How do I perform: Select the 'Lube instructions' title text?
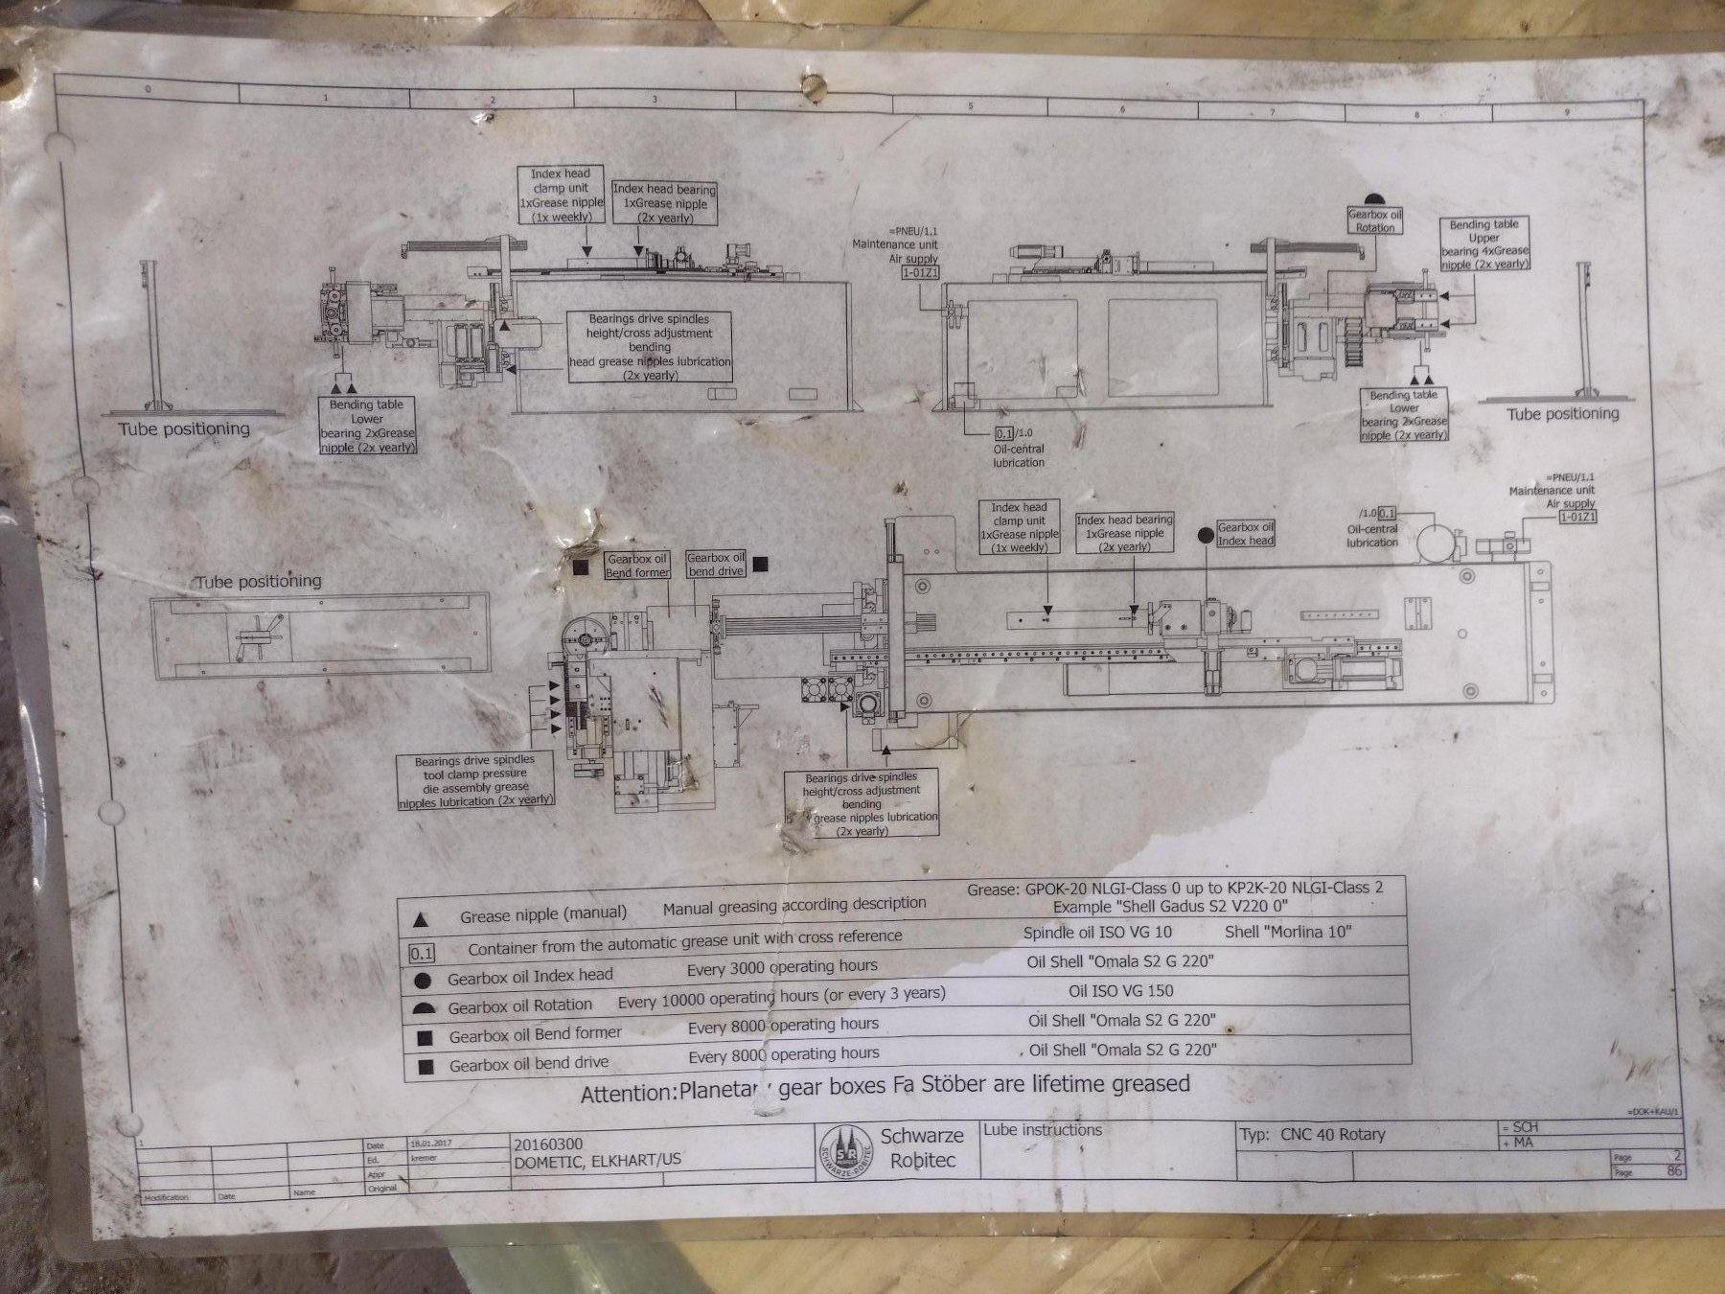(1043, 1130)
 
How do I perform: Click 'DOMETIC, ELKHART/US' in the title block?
(598, 1160)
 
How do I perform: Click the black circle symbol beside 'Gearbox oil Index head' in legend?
(422, 980)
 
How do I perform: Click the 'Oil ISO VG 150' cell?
(1120, 991)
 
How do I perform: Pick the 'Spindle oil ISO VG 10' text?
(1097, 932)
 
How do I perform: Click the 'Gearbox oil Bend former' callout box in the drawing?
(637, 566)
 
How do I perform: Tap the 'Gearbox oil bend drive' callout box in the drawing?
(716, 565)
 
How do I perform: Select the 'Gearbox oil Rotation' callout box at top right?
(1375, 221)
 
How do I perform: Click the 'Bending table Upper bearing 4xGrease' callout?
(1483, 244)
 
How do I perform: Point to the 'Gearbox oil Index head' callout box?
(1246, 534)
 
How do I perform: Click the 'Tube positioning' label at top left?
(184, 428)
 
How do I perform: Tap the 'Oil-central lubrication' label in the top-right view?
(1018, 455)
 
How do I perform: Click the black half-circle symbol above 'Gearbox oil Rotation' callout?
(1375, 198)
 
